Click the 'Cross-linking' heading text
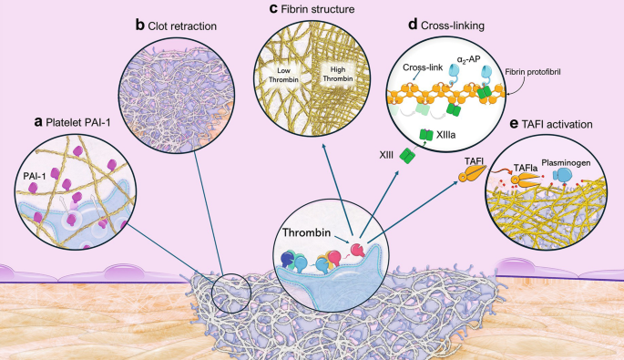coord(455,26)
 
